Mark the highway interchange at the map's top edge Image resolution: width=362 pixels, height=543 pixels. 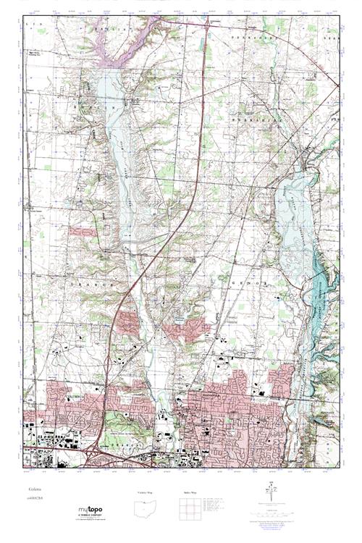[209, 22]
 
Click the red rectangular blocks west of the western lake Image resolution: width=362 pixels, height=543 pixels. [82, 232]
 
